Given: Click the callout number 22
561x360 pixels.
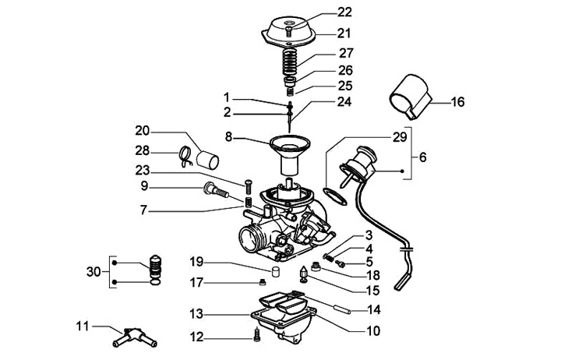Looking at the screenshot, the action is (x=344, y=12).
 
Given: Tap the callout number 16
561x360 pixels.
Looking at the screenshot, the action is (x=457, y=102).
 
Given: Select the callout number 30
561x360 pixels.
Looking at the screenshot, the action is (x=93, y=272).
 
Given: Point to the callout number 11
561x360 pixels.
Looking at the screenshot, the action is (x=83, y=326).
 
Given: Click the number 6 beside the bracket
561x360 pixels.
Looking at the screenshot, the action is (x=423, y=157).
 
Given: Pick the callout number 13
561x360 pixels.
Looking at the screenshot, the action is (x=196, y=314).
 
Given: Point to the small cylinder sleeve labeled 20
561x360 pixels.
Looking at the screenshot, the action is (x=208, y=160).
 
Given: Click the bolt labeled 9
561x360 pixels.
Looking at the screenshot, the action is (x=216, y=190).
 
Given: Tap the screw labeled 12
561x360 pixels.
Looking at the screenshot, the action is (x=256, y=335).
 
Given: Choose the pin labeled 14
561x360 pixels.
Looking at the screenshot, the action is (x=343, y=309).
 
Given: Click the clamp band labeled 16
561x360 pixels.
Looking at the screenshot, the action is (x=411, y=97).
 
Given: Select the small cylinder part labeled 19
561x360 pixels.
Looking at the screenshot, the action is (x=275, y=272).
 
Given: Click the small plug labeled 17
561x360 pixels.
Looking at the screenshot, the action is (x=263, y=283).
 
